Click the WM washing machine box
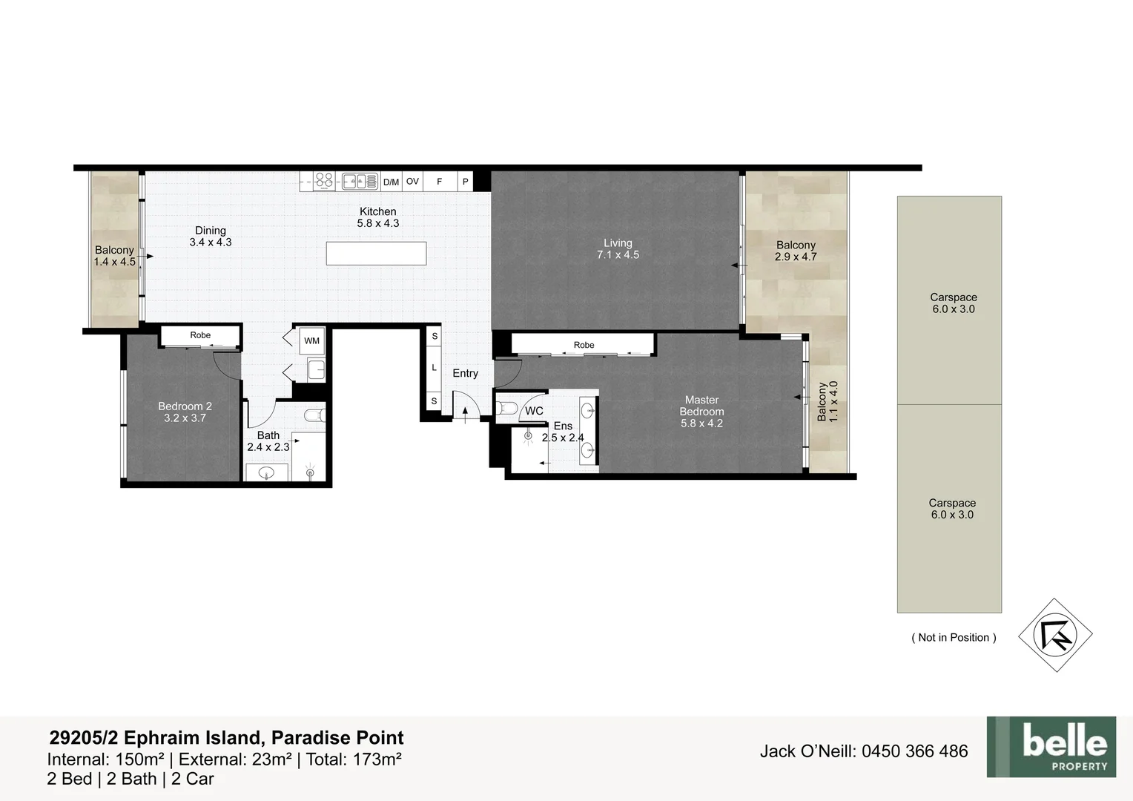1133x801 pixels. click(x=311, y=341)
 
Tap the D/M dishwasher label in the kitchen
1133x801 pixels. click(x=391, y=182)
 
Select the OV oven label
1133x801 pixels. click(x=413, y=181)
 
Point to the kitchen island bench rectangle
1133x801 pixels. click(x=377, y=254)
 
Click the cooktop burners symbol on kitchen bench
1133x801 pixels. click(x=324, y=181)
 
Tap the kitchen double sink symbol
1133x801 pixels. click(x=360, y=181)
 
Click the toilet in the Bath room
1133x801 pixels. click(x=315, y=415)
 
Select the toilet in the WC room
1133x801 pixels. click(x=506, y=408)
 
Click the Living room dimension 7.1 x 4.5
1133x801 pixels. click(x=618, y=255)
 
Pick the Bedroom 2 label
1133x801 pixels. click(x=185, y=406)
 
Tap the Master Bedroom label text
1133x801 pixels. click(x=701, y=406)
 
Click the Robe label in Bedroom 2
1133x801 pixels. click(x=200, y=335)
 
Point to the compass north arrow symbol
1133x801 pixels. click(x=1056, y=635)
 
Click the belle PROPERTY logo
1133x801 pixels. click(x=1051, y=747)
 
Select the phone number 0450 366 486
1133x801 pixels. click(x=915, y=751)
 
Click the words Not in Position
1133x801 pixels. click(x=954, y=638)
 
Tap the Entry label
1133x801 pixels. click(x=466, y=373)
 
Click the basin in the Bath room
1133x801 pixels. click(x=266, y=473)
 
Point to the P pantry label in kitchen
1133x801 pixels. click(x=466, y=181)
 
